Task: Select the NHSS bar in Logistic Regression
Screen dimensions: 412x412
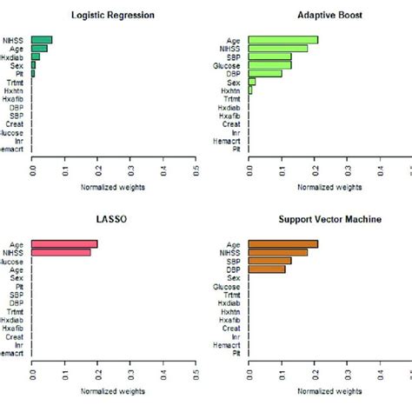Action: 42,39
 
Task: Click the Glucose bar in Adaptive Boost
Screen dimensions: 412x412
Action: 270,64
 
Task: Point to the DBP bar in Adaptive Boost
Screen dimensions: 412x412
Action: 265,73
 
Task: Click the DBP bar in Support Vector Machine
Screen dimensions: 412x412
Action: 267,269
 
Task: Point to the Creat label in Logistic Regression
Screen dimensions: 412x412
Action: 16,123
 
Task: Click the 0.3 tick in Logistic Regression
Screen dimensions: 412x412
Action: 131,166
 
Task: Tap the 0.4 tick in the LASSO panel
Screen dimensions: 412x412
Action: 163,372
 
